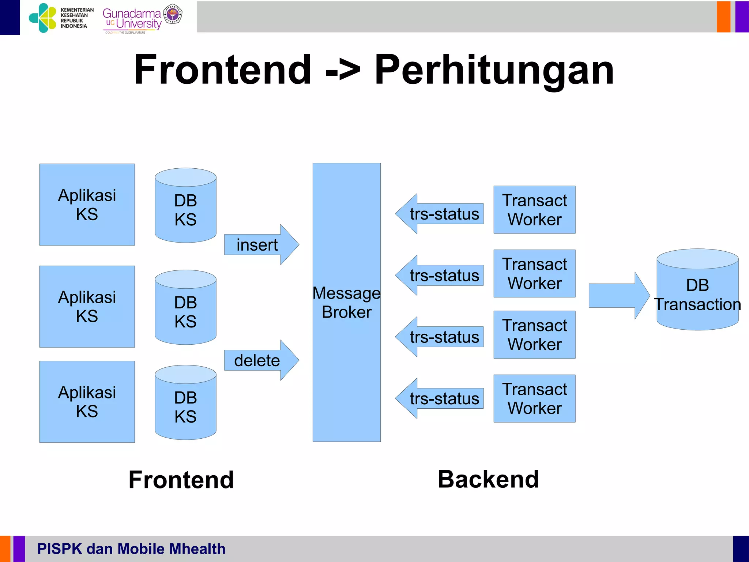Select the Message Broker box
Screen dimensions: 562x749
pyautogui.click(x=346, y=302)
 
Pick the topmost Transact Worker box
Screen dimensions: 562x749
pyautogui.click(x=534, y=210)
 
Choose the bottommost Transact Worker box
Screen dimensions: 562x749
pyautogui.click(x=534, y=398)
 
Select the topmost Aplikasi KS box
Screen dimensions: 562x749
pyautogui.click(x=87, y=205)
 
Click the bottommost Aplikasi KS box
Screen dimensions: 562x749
pyautogui.click(x=87, y=402)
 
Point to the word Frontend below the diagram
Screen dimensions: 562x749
pyautogui.click(x=181, y=480)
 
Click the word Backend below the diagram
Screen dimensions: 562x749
pyautogui.click(x=488, y=479)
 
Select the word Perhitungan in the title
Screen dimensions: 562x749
pyautogui.click(x=494, y=70)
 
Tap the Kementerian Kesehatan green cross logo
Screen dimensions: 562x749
pyautogui.click(x=43, y=18)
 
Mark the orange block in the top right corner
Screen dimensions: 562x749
pyautogui.click(x=723, y=17)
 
